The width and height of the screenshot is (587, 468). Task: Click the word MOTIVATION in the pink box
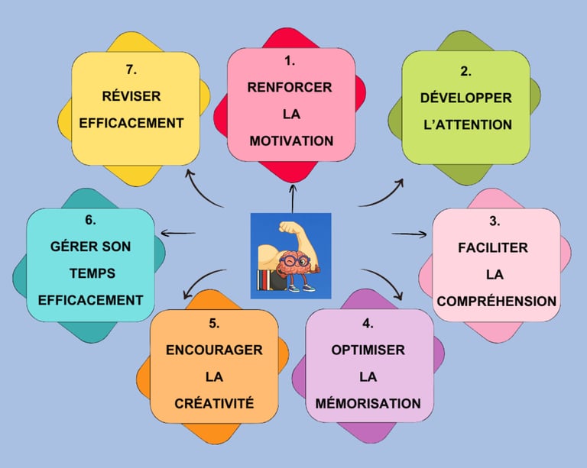click(x=291, y=141)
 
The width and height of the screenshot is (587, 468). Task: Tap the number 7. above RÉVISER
click(x=131, y=69)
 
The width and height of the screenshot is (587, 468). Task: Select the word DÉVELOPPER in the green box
click(x=465, y=98)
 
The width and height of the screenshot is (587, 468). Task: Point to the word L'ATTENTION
click(x=468, y=124)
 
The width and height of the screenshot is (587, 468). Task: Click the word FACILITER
click(x=493, y=247)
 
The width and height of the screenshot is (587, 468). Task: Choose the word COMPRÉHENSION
click(x=496, y=302)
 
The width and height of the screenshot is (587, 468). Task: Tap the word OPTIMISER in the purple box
click(x=368, y=350)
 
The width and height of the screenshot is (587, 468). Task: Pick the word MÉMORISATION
click(x=368, y=403)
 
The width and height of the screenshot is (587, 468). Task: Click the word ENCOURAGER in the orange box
click(x=214, y=350)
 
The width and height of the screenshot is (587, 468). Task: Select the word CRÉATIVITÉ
click(x=214, y=403)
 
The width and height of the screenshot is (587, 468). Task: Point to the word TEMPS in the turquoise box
click(x=92, y=273)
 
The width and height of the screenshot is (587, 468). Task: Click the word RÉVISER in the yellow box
click(x=131, y=96)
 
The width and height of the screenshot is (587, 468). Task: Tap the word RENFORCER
click(x=290, y=87)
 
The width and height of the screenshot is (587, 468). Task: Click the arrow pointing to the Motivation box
click(x=293, y=198)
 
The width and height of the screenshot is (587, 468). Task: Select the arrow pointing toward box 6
click(x=178, y=234)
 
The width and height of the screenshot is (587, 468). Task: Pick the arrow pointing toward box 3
click(x=409, y=234)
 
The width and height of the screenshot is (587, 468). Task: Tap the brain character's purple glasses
click(x=294, y=260)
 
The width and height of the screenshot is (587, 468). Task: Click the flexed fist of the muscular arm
click(x=288, y=228)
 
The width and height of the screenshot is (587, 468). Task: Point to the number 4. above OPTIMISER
click(x=368, y=324)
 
